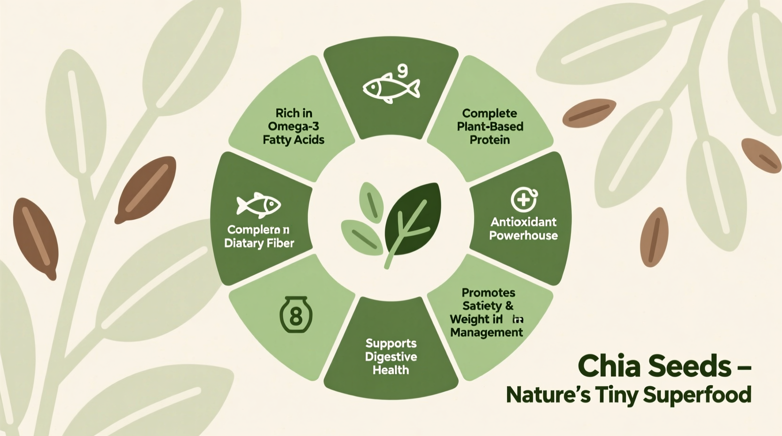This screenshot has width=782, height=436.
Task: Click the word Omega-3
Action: [293, 126]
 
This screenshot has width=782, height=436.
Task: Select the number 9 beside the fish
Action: [403, 70]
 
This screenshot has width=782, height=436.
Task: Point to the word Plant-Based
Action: [490, 126]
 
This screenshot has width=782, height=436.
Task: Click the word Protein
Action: [490, 140]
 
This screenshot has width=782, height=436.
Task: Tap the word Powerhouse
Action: [523, 235]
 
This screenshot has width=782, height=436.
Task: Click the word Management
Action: [486, 333]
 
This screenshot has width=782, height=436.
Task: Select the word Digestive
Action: [391, 357]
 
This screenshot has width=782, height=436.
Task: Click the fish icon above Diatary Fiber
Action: [258, 205]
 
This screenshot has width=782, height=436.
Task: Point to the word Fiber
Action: [280, 243]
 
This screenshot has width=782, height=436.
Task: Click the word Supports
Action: [391, 343]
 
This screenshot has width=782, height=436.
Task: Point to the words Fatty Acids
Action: [293, 140]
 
